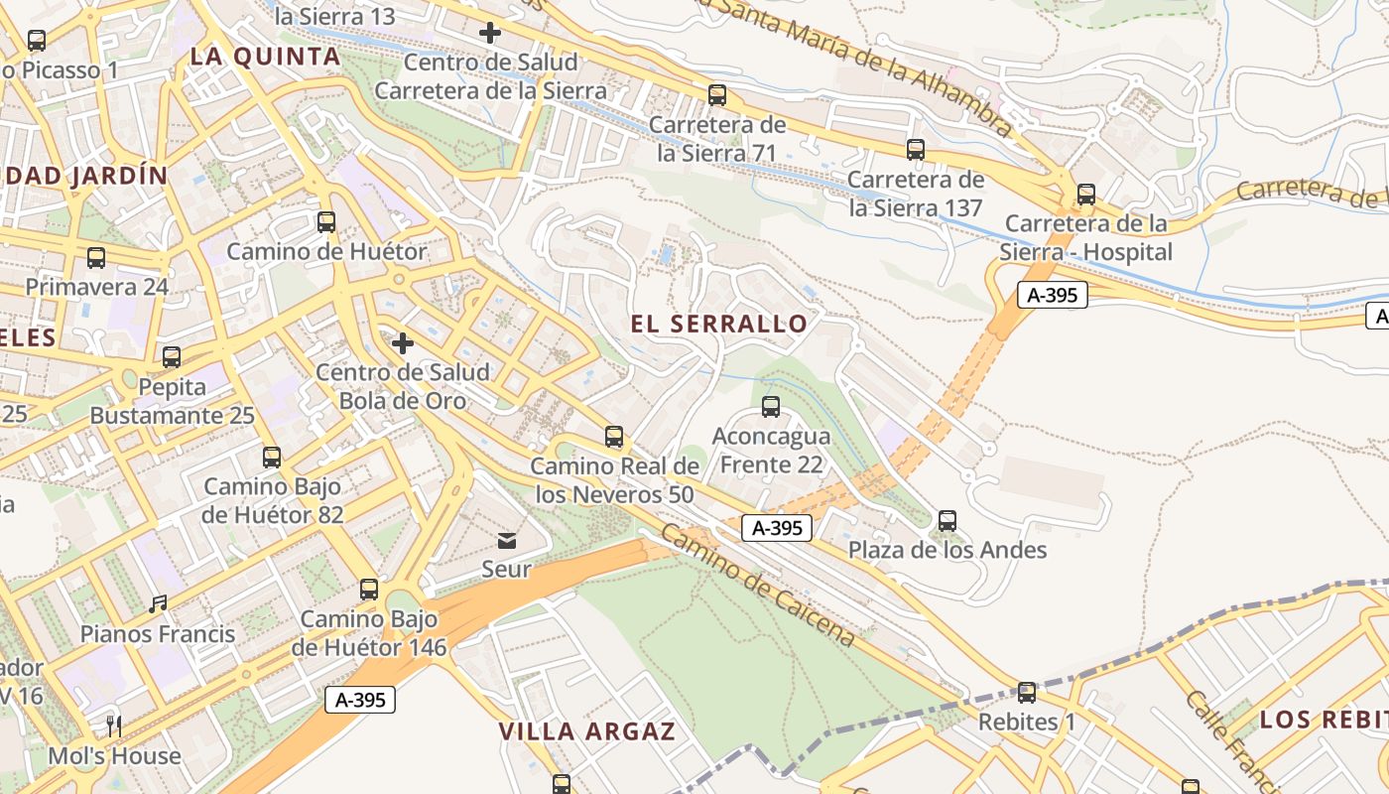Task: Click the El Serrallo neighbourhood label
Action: pyautogui.click(x=719, y=324)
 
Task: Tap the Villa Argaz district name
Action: pyautogui.click(x=586, y=732)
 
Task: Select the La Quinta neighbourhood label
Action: pyautogui.click(x=265, y=57)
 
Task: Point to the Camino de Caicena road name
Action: pyautogui.click(x=757, y=586)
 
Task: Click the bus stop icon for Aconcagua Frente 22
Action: pyautogui.click(x=771, y=406)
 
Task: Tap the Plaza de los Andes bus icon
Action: pyautogui.click(x=947, y=520)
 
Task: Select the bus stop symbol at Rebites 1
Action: pyautogui.click(x=1027, y=692)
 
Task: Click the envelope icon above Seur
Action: pyautogui.click(x=507, y=540)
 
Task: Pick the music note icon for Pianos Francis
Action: pyautogui.click(x=158, y=603)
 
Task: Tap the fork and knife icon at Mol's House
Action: pyautogui.click(x=115, y=726)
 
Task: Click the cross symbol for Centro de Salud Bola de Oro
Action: pyautogui.click(x=403, y=343)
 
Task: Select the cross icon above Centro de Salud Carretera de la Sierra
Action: pyautogui.click(x=490, y=33)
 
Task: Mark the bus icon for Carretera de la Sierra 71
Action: pyautogui.click(x=717, y=95)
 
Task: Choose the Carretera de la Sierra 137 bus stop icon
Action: pyautogui.click(x=916, y=150)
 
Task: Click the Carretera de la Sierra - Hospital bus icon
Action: pyautogui.click(x=1086, y=194)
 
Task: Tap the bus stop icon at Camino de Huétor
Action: pyautogui.click(x=326, y=221)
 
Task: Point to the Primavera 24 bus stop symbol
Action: pyautogui.click(x=96, y=257)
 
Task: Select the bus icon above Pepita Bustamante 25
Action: pyautogui.click(x=172, y=356)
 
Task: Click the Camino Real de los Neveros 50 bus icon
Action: pyautogui.click(x=614, y=436)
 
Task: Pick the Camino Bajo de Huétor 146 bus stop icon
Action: pyautogui.click(x=369, y=589)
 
